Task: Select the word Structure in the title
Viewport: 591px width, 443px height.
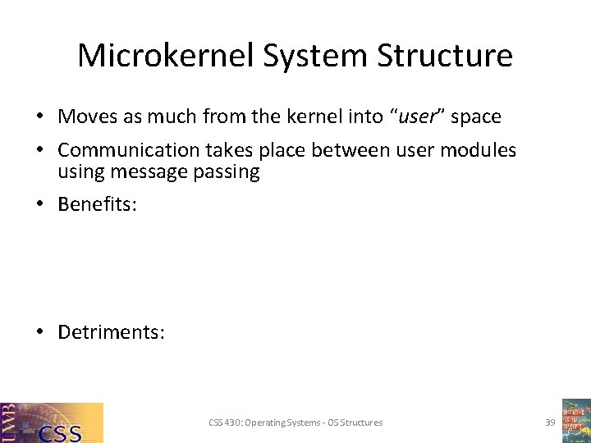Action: point(448,56)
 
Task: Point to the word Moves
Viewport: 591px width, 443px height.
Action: point(88,116)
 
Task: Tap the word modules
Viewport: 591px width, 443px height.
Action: point(479,150)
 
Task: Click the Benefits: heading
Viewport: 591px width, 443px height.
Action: point(97,203)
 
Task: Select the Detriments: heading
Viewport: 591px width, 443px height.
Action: point(111,332)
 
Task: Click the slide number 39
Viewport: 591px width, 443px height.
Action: point(550,422)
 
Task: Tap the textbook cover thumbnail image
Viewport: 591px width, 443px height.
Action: point(575,420)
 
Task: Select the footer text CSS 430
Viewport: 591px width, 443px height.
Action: point(224,422)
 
